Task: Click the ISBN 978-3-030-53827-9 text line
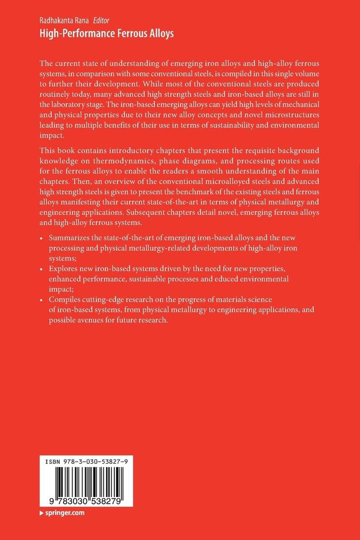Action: pyautogui.click(x=86, y=461)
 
